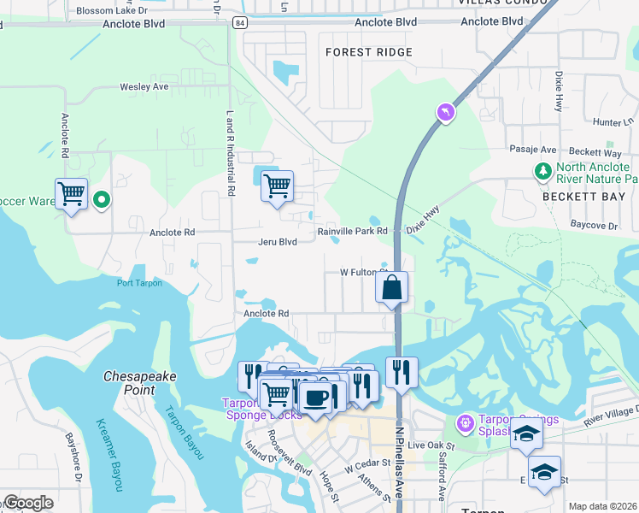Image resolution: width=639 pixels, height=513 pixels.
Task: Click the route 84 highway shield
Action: click(x=243, y=23)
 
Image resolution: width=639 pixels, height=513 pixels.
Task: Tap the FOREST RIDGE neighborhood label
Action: click(x=368, y=52)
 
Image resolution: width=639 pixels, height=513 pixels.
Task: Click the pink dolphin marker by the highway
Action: click(x=444, y=112)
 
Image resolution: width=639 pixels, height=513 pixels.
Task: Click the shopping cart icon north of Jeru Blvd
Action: click(x=277, y=185)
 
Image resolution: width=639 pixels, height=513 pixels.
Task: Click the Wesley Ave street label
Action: click(x=144, y=87)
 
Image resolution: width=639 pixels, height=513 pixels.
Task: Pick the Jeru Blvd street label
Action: click(x=277, y=242)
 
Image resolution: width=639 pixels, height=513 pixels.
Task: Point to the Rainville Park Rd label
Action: click(x=353, y=231)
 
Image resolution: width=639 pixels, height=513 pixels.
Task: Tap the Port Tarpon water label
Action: click(x=138, y=283)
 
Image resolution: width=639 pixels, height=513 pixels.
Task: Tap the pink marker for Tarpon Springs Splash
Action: click(x=465, y=422)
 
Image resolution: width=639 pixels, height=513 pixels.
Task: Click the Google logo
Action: click(x=28, y=503)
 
